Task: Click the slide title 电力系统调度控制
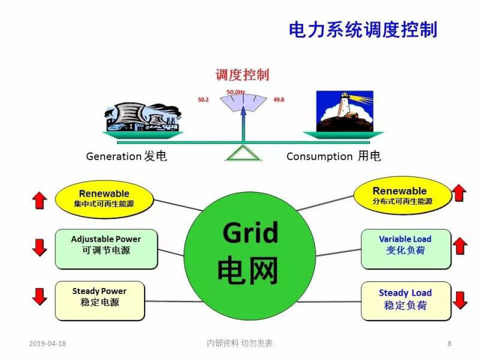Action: pos(363,29)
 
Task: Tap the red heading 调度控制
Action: pos(242,75)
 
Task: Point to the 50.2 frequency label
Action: pos(203,99)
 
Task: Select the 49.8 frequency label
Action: pos(278,99)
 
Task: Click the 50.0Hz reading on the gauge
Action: pos(235,92)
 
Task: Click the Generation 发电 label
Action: pos(127,157)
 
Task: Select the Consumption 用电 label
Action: pos(334,157)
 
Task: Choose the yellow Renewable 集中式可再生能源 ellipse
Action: pos(104,199)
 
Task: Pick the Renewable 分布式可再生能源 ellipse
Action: pos(400,196)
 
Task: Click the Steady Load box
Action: pos(405,299)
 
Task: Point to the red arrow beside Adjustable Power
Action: pos(40,247)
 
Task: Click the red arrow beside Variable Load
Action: pos(460,246)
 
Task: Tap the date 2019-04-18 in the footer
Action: pos(47,344)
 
